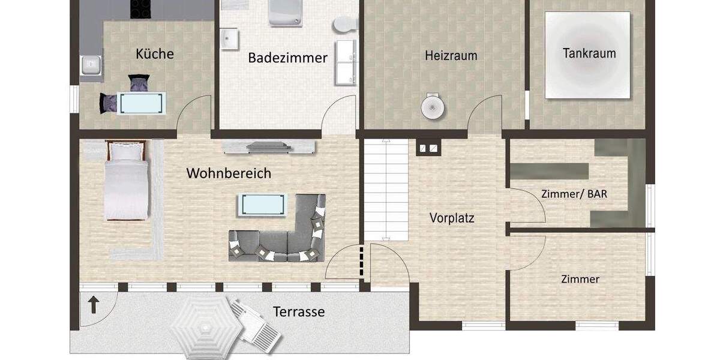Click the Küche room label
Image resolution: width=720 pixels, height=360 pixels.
[x=155, y=54]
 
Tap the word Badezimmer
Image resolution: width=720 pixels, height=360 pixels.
[x=287, y=58]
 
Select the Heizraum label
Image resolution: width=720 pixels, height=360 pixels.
[x=451, y=56]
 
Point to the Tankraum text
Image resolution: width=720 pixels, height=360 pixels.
[x=589, y=53]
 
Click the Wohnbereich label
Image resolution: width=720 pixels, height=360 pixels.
[x=229, y=174]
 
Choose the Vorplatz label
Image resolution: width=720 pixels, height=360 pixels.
[x=452, y=218]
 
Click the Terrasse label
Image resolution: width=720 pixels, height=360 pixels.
[x=299, y=312]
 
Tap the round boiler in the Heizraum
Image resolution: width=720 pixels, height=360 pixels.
[x=432, y=107]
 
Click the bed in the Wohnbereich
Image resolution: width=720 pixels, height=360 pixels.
[x=126, y=180]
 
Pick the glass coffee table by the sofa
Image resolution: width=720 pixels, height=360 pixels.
[x=262, y=204]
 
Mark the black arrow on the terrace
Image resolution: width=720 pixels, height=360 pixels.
[x=94, y=305]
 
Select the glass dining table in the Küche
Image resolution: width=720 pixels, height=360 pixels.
[x=139, y=103]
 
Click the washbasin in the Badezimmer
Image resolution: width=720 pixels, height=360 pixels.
[x=229, y=40]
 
